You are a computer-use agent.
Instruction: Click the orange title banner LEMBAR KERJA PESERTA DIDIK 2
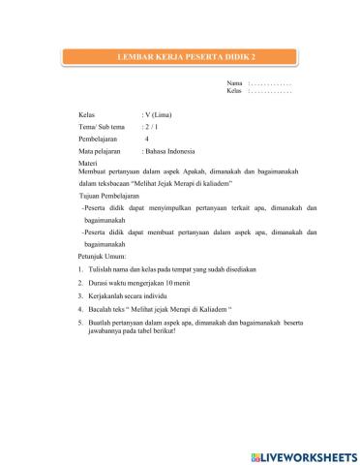point(179,59)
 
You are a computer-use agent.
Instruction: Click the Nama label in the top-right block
point(234,84)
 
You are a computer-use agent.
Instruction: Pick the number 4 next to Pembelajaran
point(146,139)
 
